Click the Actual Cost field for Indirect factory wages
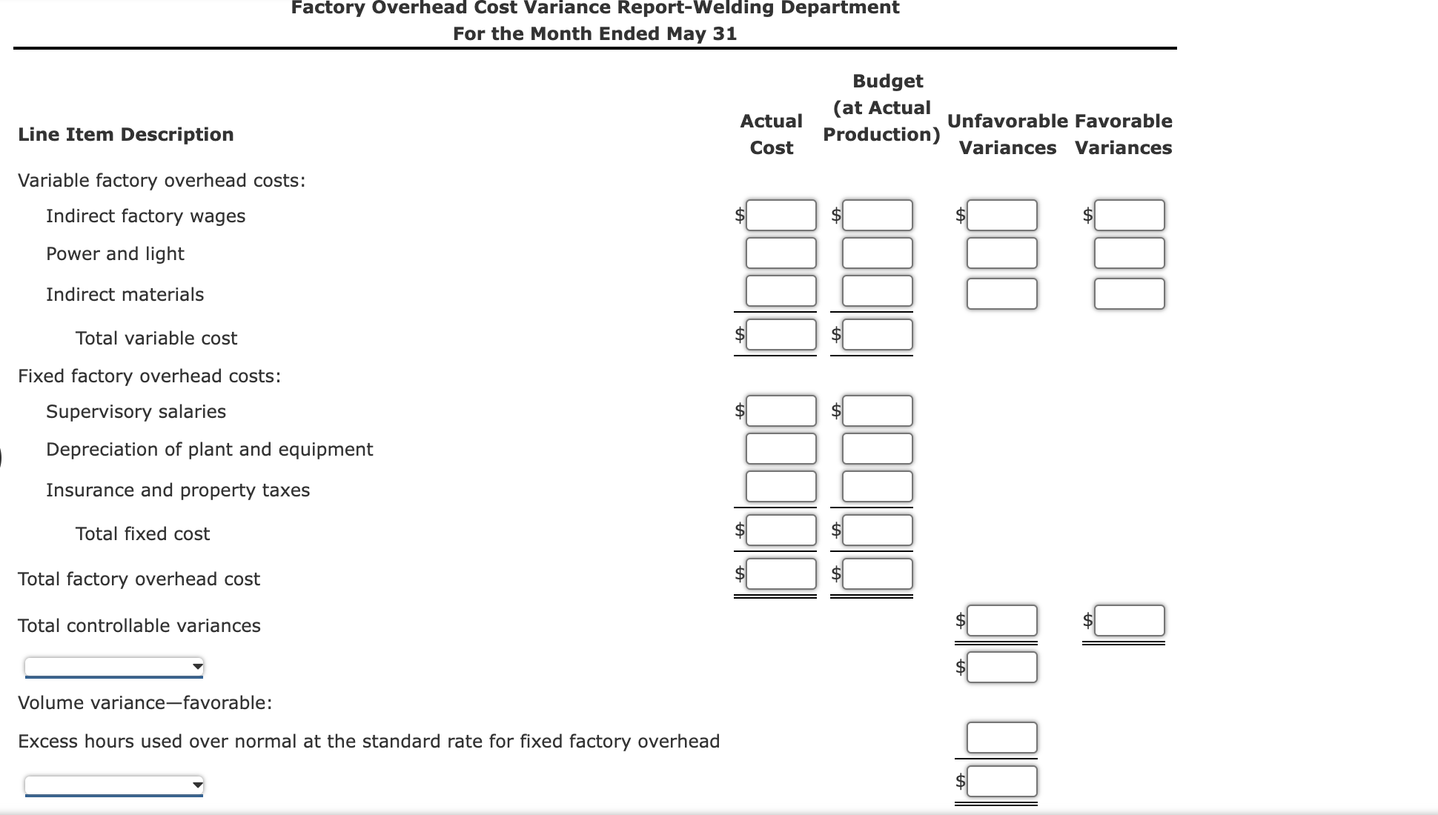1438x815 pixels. click(781, 215)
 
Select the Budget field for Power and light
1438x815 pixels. click(877, 253)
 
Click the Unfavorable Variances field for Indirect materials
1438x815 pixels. click(1001, 293)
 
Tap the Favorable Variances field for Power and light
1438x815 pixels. click(1129, 253)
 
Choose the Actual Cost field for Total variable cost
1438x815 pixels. click(781, 335)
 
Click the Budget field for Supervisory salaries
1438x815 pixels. click(877, 410)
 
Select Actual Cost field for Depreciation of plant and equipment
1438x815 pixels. click(781, 449)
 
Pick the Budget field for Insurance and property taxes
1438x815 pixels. click(877, 487)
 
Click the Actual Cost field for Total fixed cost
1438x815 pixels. click(781, 530)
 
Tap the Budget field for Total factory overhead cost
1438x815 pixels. click(877, 574)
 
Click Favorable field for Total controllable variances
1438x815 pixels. click(1129, 621)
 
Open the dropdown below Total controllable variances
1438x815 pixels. click(114, 667)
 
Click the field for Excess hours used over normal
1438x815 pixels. click(1001, 738)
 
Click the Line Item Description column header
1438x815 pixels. click(126, 135)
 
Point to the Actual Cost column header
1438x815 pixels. click(771, 134)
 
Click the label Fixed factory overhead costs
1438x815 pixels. click(149, 376)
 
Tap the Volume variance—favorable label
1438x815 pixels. click(145, 703)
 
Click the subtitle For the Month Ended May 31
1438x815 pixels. click(594, 34)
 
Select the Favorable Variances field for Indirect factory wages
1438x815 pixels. click(1129, 215)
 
